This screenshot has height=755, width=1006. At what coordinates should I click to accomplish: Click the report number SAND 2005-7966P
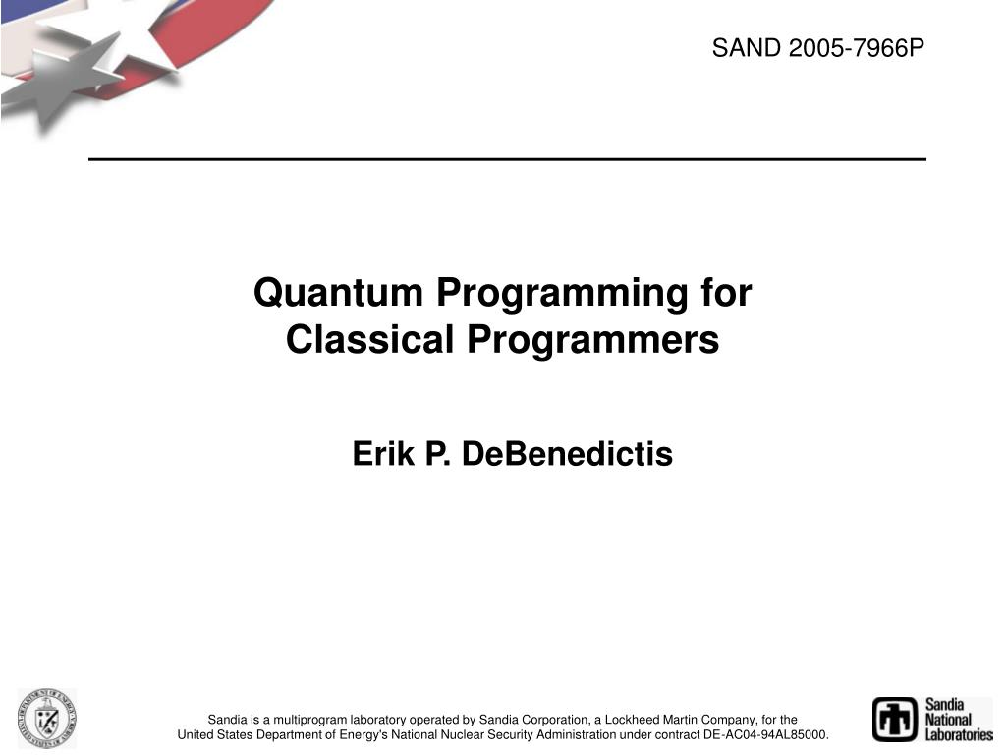coord(818,47)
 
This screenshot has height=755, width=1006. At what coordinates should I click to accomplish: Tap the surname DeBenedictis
coord(567,454)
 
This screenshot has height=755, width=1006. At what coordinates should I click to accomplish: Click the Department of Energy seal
coord(46,718)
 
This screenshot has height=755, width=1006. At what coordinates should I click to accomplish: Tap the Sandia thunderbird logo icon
coord(894,719)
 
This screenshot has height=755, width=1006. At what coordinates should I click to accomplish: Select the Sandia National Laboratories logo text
coord(957,719)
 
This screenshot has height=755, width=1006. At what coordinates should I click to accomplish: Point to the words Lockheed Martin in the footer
coord(653,720)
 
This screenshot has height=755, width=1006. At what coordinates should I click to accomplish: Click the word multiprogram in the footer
coord(312,720)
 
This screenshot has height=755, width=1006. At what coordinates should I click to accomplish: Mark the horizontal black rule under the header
coord(507,159)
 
